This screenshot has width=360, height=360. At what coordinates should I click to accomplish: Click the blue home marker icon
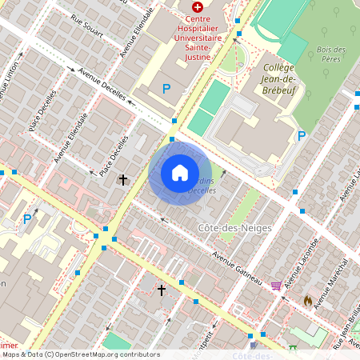[x=180, y=172]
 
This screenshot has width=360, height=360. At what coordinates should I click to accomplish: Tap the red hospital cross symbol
[x=198, y=6]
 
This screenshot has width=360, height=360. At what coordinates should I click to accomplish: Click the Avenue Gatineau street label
[x=238, y=268]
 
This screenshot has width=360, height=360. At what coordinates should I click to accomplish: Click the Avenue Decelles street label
[x=102, y=82]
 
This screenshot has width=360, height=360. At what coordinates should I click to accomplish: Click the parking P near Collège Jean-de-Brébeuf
[x=302, y=136]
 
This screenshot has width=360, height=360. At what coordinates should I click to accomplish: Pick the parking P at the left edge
[x=27, y=218]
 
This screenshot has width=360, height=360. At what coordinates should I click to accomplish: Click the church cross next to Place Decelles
[x=123, y=180]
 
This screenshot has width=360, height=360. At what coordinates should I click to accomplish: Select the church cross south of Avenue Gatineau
[x=162, y=290]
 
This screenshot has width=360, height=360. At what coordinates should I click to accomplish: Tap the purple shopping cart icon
[x=276, y=286]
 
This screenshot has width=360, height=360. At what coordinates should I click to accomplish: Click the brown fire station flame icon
[x=307, y=300]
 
